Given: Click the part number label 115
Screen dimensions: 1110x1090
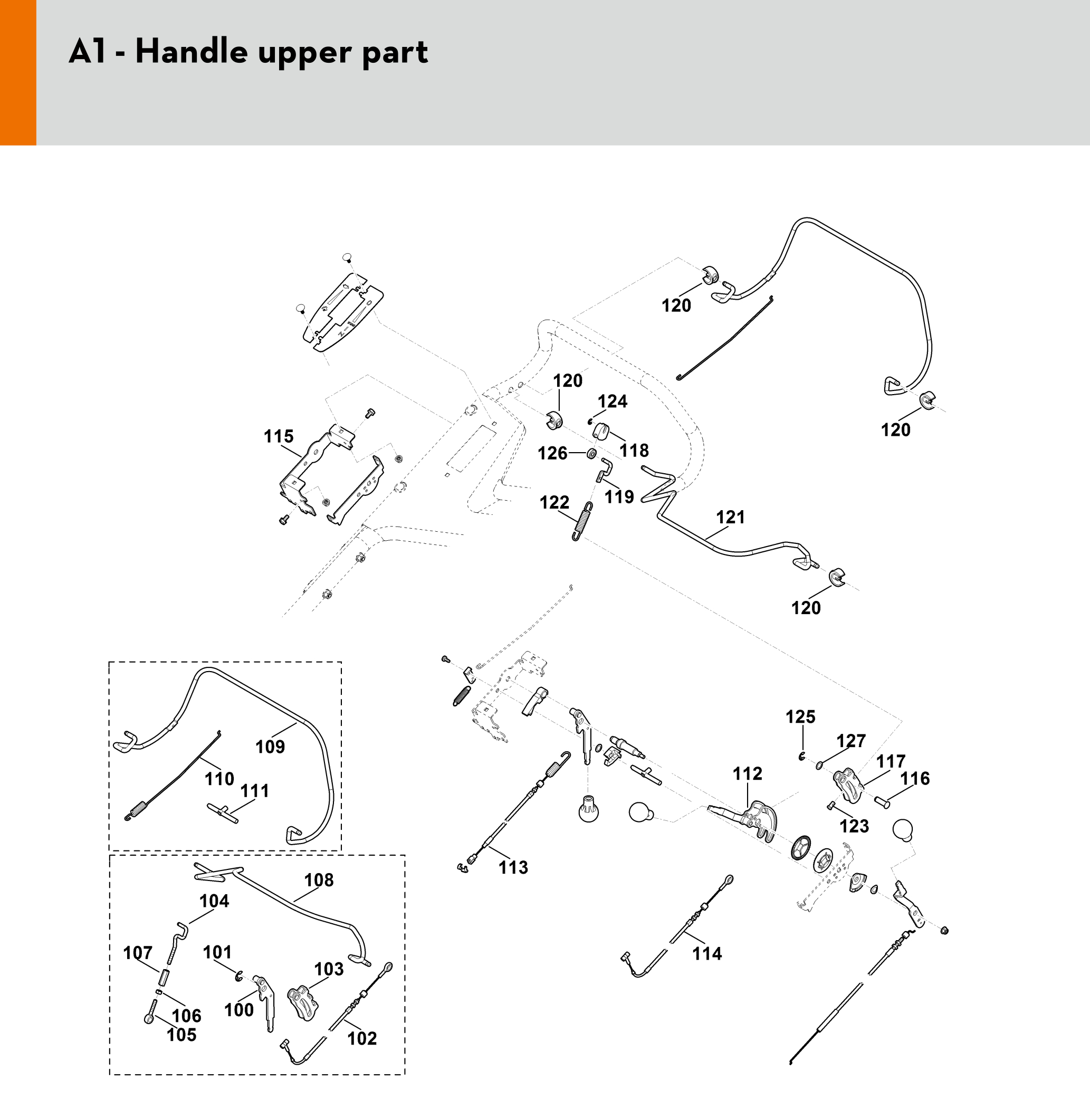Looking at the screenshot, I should (x=278, y=436).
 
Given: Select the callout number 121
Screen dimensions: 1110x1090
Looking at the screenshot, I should (x=731, y=517).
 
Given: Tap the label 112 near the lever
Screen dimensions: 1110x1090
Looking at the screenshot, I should (x=747, y=774).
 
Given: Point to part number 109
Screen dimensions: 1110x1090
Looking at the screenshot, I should (x=270, y=747).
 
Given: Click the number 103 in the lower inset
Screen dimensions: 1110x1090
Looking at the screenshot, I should (x=329, y=969).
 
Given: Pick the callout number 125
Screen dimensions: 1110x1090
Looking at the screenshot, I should (x=800, y=717).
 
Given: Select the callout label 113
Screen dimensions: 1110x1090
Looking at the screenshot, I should (x=513, y=867).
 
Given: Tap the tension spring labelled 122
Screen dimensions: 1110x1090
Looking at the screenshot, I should (x=582, y=521).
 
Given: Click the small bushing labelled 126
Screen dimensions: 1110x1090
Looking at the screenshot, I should (x=591, y=454).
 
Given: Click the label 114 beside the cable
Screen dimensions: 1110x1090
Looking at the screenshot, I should (x=706, y=954).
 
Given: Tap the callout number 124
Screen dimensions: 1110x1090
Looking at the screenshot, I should (x=613, y=401).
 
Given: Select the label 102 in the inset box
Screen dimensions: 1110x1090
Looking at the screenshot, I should (x=362, y=1038).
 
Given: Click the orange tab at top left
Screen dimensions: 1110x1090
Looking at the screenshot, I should (x=18, y=72).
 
